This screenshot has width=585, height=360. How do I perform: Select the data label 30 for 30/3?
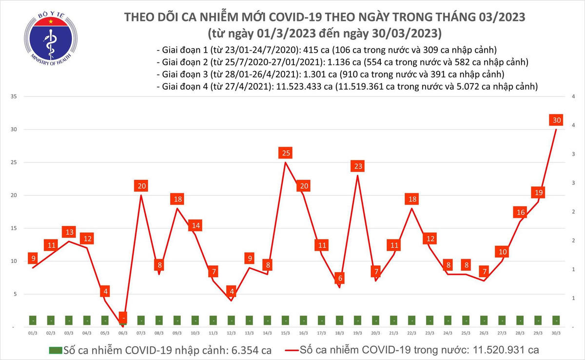(556, 120)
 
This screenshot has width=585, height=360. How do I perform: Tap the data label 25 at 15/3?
(286, 153)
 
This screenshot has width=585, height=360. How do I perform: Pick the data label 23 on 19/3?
(358, 166)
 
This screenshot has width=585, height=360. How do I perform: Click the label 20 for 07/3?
(141, 186)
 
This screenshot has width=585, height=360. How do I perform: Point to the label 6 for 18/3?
(340, 278)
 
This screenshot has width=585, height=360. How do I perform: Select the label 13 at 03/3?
(69, 232)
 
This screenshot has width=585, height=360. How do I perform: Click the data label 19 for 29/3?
(538, 192)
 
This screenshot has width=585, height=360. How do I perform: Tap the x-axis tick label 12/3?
(231, 333)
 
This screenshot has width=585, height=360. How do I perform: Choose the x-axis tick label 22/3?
(412, 333)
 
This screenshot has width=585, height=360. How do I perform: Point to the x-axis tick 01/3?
(33, 333)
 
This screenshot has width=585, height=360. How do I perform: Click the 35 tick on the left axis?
(14, 97)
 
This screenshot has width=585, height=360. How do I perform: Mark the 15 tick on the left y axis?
(14, 228)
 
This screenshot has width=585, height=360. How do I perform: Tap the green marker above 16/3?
(304, 320)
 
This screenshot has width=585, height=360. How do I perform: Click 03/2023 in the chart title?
(498, 18)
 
